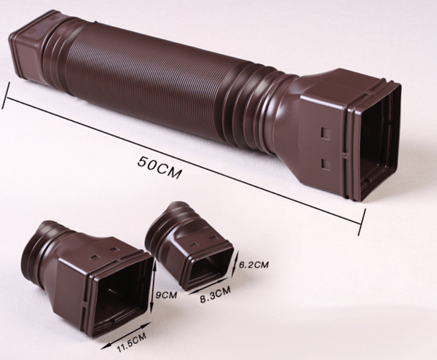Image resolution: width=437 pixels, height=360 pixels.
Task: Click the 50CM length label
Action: pyautogui.click(x=160, y=168)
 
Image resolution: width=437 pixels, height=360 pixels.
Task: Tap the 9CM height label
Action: pyautogui.click(x=166, y=294)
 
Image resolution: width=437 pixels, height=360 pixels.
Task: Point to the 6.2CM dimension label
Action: pyautogui.click(x=254, y=265)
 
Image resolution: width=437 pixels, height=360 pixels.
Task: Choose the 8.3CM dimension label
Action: pyautogui.click(x=216, y=295)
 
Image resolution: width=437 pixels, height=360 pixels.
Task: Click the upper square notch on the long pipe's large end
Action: pyautogui.click(x=326, y=133)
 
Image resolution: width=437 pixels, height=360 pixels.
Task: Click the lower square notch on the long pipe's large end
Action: pyautogui.click(x=325, y=164)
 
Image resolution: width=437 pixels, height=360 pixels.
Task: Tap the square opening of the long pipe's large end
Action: pyautogui.click(x=379, y=145)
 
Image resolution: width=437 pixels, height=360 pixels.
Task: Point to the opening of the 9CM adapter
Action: pyautogui.click(x=122, y=298)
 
